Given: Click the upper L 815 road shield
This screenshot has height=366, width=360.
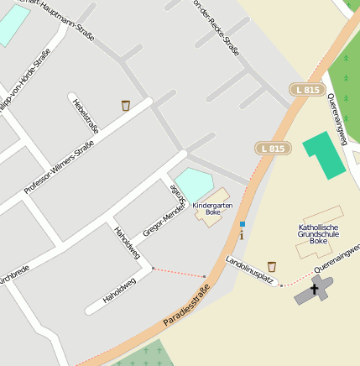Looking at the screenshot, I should (307, 90).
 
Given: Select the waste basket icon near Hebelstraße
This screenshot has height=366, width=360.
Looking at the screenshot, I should (126, 106).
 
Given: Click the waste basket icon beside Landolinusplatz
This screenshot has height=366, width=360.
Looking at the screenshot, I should (271, 267).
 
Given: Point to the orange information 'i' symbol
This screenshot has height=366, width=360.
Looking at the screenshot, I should (242, 236).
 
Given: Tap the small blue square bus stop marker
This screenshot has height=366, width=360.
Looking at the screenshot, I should (242, 224).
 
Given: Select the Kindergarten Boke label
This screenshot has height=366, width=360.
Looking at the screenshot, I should (211, 208).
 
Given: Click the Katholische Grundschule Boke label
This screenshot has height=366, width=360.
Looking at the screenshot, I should (318, 233).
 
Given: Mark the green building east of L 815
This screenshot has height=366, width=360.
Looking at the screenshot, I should (323, 154).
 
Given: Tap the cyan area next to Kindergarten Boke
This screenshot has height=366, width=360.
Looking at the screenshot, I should (194, 184).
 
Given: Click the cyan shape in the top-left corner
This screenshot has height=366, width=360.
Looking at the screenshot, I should (12, 24).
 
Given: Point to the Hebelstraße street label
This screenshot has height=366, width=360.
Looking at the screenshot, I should (86, 117).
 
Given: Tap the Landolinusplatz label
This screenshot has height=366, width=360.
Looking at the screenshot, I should (252, 270).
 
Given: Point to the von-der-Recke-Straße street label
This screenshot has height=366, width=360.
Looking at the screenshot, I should (217, 27).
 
